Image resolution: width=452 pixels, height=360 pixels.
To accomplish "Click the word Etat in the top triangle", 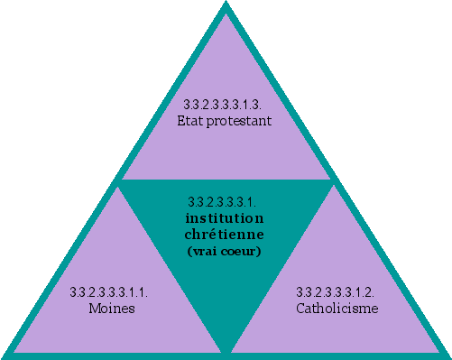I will pyautogui.click(x=197, y=119).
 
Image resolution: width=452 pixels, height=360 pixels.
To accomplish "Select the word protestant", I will pyautogui.click(x=241, y=119).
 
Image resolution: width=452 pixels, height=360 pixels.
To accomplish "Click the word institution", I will pyautogui.click(x=225, y=219).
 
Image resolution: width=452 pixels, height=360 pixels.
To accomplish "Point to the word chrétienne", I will pyautogui.click(x=225, y=235).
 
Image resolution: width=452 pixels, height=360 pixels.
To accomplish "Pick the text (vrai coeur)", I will pyautogui.click(x=225, y=251).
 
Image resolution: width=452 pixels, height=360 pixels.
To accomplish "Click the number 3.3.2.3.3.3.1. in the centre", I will pyautogui.click(x=225, y=202).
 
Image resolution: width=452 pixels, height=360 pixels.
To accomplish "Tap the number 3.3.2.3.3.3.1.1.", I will pyautogui.click(x=109, y=292).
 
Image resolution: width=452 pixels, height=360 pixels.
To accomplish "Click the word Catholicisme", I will pyautogui.click(x=337, y=309).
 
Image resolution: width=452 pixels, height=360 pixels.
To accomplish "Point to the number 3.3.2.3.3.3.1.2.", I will pyautogui.click(x=337, y=292).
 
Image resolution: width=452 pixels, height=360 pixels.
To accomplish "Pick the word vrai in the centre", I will pyautogui.click(x=204, y=251).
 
